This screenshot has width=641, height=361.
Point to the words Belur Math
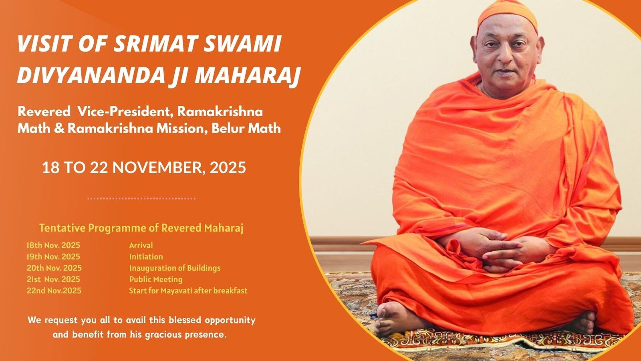point(246,128)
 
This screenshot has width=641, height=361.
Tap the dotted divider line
point(141,198)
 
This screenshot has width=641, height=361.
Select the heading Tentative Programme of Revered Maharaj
point(141,228)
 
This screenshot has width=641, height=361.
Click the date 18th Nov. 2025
point(53,245)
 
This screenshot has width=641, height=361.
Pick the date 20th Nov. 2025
point(54,268)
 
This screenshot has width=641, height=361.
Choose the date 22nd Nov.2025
point(54,290)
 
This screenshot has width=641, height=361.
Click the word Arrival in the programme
point(141,245)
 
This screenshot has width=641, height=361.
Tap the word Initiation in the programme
point(146,256)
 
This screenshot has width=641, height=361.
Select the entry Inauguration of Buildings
point(175,268)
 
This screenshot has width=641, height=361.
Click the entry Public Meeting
point(156,279)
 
